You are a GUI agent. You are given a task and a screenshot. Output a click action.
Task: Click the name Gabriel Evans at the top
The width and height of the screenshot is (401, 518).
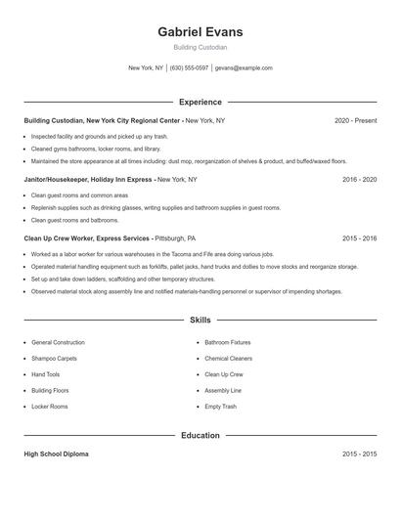coord(200,32)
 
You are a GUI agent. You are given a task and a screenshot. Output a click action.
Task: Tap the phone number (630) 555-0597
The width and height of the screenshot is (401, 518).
coord(190,68)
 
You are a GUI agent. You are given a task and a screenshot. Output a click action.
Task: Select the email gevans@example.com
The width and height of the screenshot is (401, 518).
coord(244,68)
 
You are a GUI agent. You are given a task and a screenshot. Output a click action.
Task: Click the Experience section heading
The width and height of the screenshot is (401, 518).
coord(200,102)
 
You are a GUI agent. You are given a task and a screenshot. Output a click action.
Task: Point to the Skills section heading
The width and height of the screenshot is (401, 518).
coord(200,320)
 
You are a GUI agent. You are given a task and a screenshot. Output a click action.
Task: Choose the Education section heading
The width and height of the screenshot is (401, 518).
coord(200,435)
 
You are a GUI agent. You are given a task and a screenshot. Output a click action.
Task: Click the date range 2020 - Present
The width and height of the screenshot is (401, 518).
coord(355,120)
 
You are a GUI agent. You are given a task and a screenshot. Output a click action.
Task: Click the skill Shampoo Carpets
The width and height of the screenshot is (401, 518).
coord(54,359)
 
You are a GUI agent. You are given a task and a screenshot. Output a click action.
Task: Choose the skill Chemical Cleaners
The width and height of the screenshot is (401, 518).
coord(228,359)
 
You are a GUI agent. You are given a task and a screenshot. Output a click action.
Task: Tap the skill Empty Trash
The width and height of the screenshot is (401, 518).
coord(219,406)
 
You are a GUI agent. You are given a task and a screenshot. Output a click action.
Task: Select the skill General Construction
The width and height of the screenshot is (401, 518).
coord(58,343)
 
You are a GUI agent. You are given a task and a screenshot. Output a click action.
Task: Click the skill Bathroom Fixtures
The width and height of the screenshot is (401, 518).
coord(227,343)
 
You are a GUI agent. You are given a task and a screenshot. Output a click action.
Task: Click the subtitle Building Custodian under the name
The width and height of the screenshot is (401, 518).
coord(200,48)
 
